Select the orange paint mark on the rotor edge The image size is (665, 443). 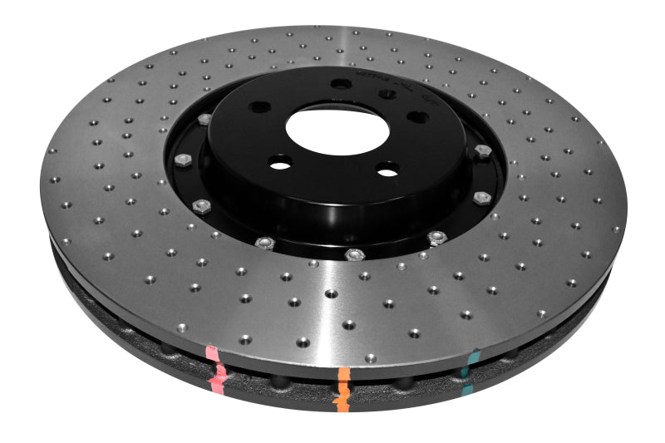click(x=342, y=384)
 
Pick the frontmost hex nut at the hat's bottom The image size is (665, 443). click(x=355, y=253)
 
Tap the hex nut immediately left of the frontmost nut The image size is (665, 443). click(x=264, y=243)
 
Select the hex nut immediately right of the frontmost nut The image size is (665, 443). click(x=436, y=238)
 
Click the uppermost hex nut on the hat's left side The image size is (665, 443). click(x=204, y=120)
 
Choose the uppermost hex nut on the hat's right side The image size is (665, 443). click(x=483, y=150)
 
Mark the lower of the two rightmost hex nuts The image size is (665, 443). click(x=481, y=197)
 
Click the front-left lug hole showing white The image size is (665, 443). click(x=281, y=165)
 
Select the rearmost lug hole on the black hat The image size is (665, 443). click(x=341, y=83)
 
